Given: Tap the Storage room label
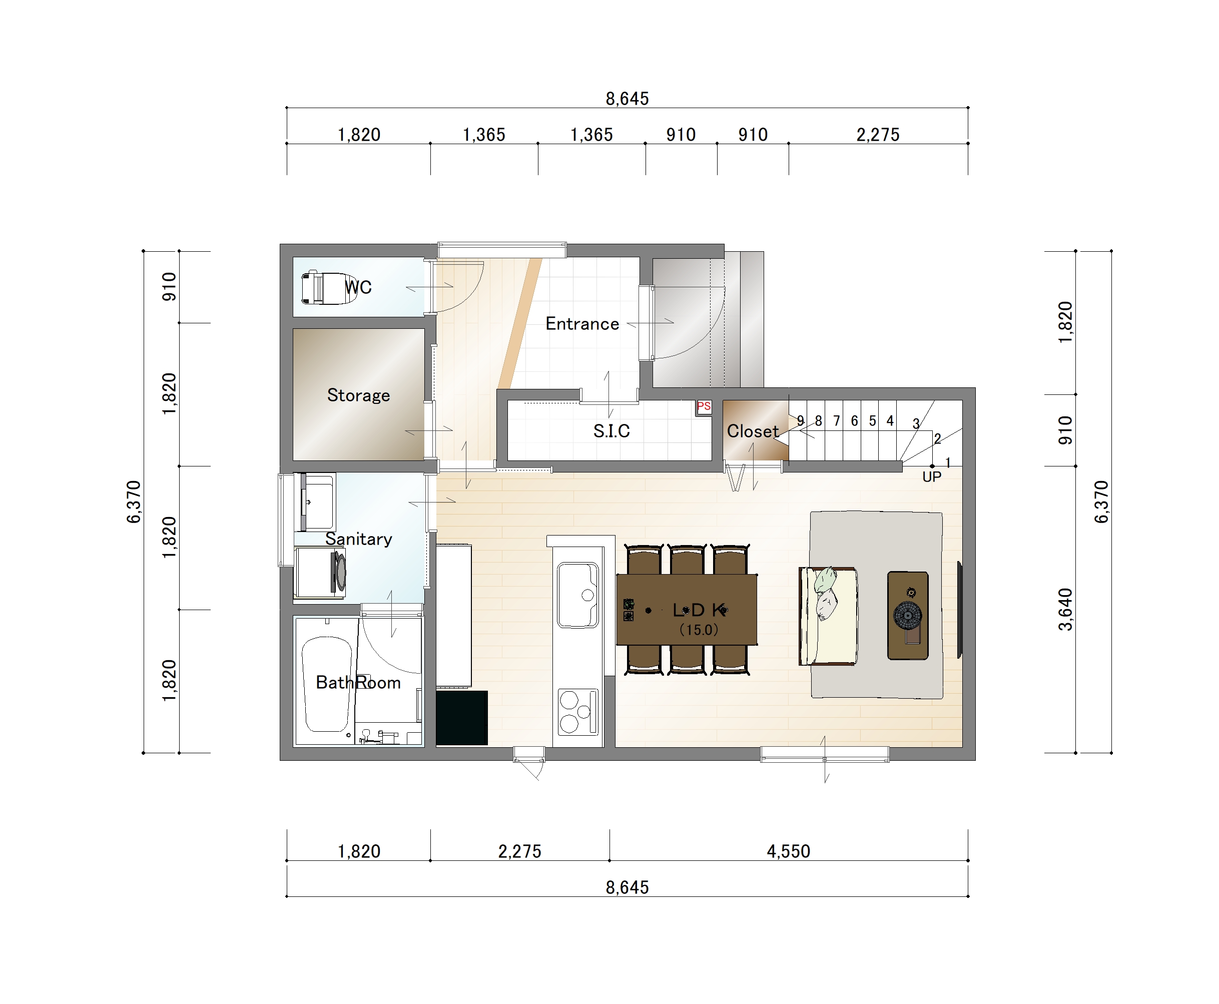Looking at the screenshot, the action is click(358, 395).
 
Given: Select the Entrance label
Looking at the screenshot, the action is click(582, 324).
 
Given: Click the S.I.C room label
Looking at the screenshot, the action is click(611, 431).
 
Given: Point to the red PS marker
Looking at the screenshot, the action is click(704, 406).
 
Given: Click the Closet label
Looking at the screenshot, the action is click(752, 431).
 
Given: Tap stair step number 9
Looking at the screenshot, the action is click(800, 420).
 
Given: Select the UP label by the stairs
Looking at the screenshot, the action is click(932, 476).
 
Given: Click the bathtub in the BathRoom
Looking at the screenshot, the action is click(327, 684).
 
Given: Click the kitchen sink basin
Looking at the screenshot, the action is click(577, 595).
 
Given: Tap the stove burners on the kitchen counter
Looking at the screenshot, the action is click(577, 711).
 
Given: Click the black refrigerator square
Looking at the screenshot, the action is click(461, 718).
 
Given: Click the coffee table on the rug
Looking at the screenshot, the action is click(908, 615).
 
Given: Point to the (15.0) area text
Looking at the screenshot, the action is click(699, 630).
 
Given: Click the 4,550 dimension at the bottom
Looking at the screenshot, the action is click(788, 851).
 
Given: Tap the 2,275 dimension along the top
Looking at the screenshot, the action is click(878, 135).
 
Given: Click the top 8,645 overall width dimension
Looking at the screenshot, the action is click(627, 99).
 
